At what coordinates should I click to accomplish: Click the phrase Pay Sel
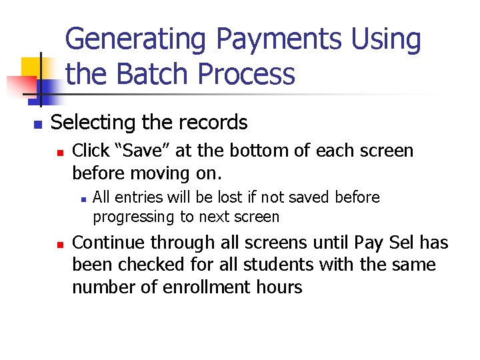coord(379,243)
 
